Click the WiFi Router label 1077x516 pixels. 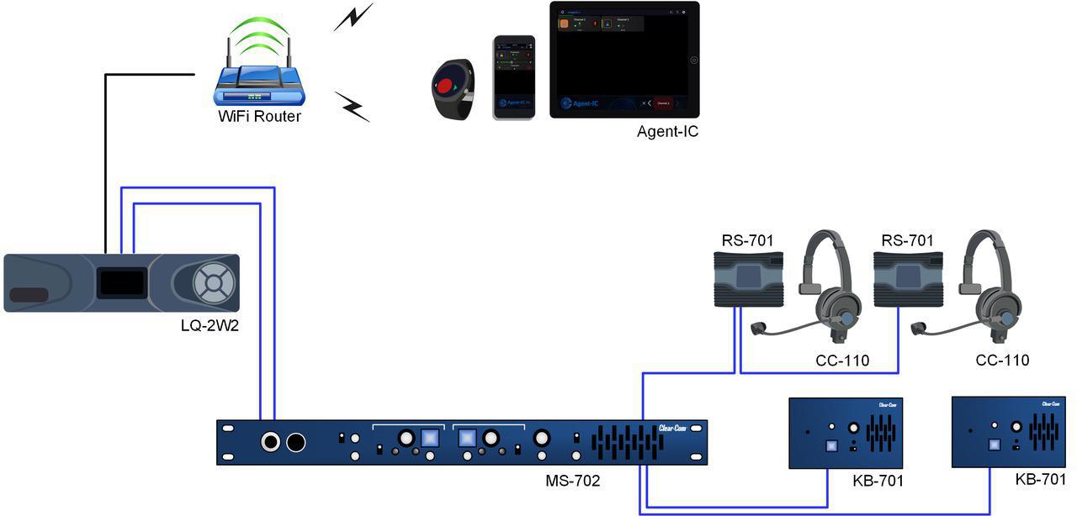(x=259, y=117)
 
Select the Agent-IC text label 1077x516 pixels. (x=667, y=131)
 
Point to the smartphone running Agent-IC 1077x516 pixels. (x=514, y=77)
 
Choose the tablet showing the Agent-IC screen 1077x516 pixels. (x=624, y=60)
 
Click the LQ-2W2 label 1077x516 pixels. (x=210, y=325)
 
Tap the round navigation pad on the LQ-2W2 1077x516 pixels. (x=210, y=283)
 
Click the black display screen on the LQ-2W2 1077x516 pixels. (x=121, y=282)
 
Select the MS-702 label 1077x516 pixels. (x=573, y=482)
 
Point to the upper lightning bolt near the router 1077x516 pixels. (x=353, y=18)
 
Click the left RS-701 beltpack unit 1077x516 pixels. (x=748, y=281)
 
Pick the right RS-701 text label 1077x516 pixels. (x=907, y=241)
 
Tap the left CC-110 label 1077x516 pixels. (x=842, y=361)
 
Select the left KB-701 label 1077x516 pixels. (x=878, y=481)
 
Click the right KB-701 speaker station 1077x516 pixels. (x=1009, y=432)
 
